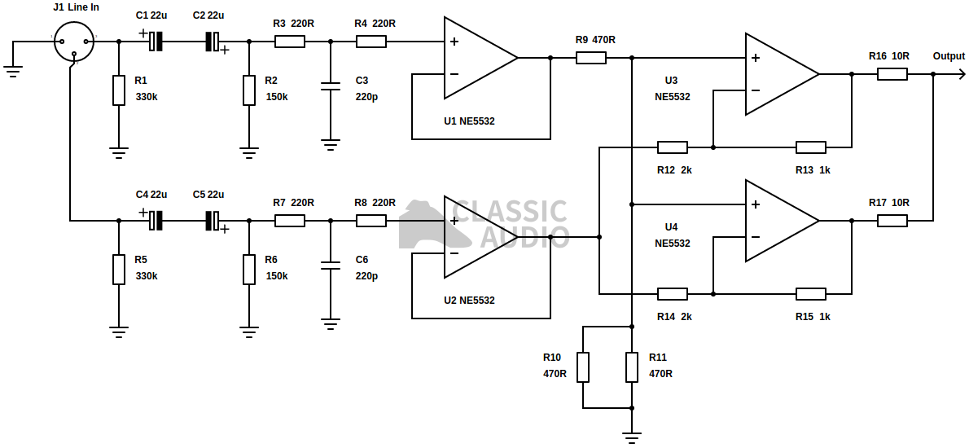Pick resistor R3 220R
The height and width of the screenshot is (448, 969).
coord(290,41)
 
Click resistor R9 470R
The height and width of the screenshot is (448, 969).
coord(591,58)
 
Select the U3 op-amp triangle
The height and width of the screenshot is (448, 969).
coord(780,74)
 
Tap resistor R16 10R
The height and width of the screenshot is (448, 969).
coord(892,74)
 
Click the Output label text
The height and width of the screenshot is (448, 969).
coord(949,56)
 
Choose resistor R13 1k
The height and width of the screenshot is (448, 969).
coord(811,147)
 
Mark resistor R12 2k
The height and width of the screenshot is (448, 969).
coord(673,147)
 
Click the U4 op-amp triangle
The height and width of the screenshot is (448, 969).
coord(780,221)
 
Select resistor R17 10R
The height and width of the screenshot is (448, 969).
coord(892,221)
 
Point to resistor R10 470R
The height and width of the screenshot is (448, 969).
coord(583,367)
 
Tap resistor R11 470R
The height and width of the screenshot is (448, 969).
coord(632,367)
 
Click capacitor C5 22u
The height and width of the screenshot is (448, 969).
coord(213,220)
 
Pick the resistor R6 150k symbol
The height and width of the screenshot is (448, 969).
coord(249,269)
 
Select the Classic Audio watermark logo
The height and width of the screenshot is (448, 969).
coord(484,224)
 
